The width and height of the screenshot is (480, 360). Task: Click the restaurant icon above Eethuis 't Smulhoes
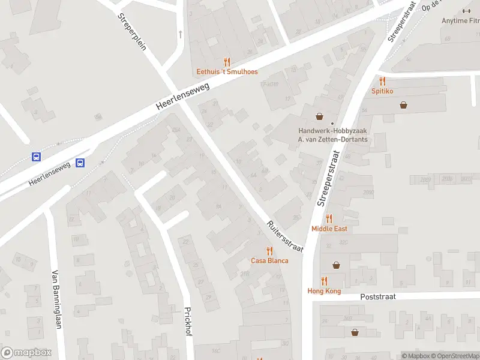click(227, 61)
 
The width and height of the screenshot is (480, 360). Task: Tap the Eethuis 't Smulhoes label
click(227, 72)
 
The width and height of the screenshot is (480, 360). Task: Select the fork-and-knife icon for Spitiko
click(382, 81)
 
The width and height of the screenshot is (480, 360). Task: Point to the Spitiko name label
click(382, 91)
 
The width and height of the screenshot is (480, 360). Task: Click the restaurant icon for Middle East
click(329, 219)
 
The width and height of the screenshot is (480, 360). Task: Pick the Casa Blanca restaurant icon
click(269, 251)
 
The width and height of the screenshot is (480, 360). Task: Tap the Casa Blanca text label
click(269, 260)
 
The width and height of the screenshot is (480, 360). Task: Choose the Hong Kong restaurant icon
click(324, 281)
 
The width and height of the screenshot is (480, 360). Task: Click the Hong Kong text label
click(324, 291)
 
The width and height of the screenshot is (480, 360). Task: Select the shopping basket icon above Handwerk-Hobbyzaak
click(320, 116)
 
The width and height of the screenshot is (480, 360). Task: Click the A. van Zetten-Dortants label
click(333, 139)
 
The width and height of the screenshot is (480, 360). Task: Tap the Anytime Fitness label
click(461, 20)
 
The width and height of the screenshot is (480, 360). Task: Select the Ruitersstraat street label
click(286, 235)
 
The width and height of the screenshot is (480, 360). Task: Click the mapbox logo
click(26, 353)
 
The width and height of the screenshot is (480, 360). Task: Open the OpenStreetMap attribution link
click(455, 356)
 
